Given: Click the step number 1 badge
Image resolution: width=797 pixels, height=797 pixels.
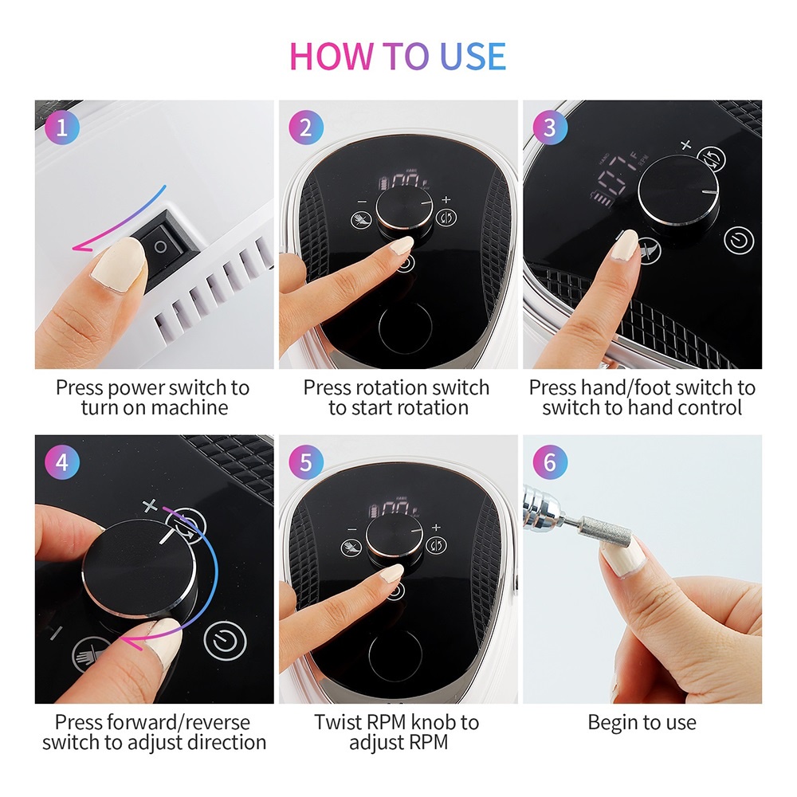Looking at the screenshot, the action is coord(62,127).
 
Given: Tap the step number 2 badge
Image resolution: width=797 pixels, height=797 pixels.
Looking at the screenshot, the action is coord(306,127).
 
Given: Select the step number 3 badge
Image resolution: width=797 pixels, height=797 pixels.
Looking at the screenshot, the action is coord(550,127).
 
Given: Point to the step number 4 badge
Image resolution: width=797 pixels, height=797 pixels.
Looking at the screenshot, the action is coord(62,462).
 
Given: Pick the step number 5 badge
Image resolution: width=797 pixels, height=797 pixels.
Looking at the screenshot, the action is coord(306,462).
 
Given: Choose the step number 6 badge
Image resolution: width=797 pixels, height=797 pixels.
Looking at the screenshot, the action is coord(550,462).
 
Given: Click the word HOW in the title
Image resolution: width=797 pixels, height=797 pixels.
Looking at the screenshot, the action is coord(331,56).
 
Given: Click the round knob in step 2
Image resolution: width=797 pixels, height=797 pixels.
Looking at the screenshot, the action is coord(404,208).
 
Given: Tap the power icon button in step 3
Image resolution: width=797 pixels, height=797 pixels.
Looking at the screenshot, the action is coord(738,241).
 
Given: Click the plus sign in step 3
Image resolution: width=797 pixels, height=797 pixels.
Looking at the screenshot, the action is coord(685,145).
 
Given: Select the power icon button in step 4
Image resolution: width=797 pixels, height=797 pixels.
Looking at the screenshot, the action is coord(225,641).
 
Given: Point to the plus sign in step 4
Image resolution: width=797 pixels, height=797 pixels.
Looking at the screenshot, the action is coord(150,506).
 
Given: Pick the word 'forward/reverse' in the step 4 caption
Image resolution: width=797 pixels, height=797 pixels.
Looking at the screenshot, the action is coord(173,722).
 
